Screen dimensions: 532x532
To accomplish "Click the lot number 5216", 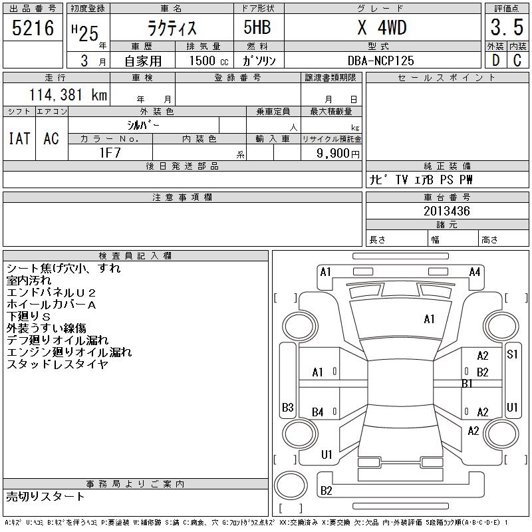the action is click(33, 28).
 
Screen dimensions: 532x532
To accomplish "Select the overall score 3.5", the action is click(507, 27).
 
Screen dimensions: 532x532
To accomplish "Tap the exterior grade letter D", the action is click(495, 61).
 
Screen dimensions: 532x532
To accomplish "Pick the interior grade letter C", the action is click(517, 61).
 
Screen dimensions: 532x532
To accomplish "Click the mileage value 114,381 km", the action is click(68, 94).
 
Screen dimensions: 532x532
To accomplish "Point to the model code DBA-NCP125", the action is click(380, 61).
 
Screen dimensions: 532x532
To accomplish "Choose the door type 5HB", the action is click(257, 27).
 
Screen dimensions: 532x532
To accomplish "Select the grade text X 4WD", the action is click(382, 27).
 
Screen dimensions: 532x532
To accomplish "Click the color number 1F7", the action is click(110, 153).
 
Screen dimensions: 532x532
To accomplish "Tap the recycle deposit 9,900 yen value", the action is click(338, 154).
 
